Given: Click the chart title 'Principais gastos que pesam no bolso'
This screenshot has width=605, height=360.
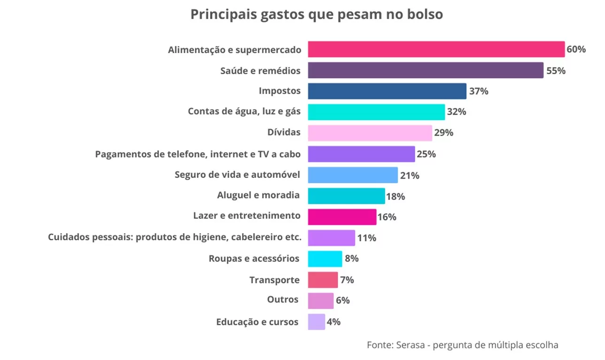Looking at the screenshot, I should tap(316, 15).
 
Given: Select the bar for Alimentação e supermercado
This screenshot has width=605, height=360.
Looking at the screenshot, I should tap(436, 49).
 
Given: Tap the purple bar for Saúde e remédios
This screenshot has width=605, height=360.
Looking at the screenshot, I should tap(426, 70).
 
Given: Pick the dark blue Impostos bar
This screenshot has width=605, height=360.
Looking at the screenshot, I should tap(387, 91).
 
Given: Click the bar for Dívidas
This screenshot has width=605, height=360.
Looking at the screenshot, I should tap(370, 133).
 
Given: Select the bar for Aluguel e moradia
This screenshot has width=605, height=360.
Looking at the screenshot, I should tap(346, 196).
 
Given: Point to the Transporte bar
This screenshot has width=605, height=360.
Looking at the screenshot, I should tap(323, 280).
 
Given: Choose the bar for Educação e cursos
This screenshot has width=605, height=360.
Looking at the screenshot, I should tap(316, 322).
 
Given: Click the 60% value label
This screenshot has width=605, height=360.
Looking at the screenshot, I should tap(576, 49).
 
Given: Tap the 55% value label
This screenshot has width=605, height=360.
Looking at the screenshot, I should tap(556, 71).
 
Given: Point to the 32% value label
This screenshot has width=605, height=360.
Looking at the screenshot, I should tap(456, 112).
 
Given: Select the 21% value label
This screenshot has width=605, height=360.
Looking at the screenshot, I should tap(410, 176).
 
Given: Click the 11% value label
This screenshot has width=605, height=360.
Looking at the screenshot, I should tap(366, 238).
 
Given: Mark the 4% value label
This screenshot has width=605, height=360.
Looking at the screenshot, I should tap(334, 322).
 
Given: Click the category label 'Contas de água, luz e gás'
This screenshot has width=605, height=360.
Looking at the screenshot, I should tap(244, 112).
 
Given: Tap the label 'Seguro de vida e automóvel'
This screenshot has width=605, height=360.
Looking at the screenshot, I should tap(237, 175).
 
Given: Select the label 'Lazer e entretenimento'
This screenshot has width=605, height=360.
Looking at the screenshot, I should tap(247, 215).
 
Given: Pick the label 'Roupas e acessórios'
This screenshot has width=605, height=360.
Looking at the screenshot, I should tap(254, 259).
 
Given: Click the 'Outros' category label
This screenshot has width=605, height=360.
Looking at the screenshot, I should tap(283, 299).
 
